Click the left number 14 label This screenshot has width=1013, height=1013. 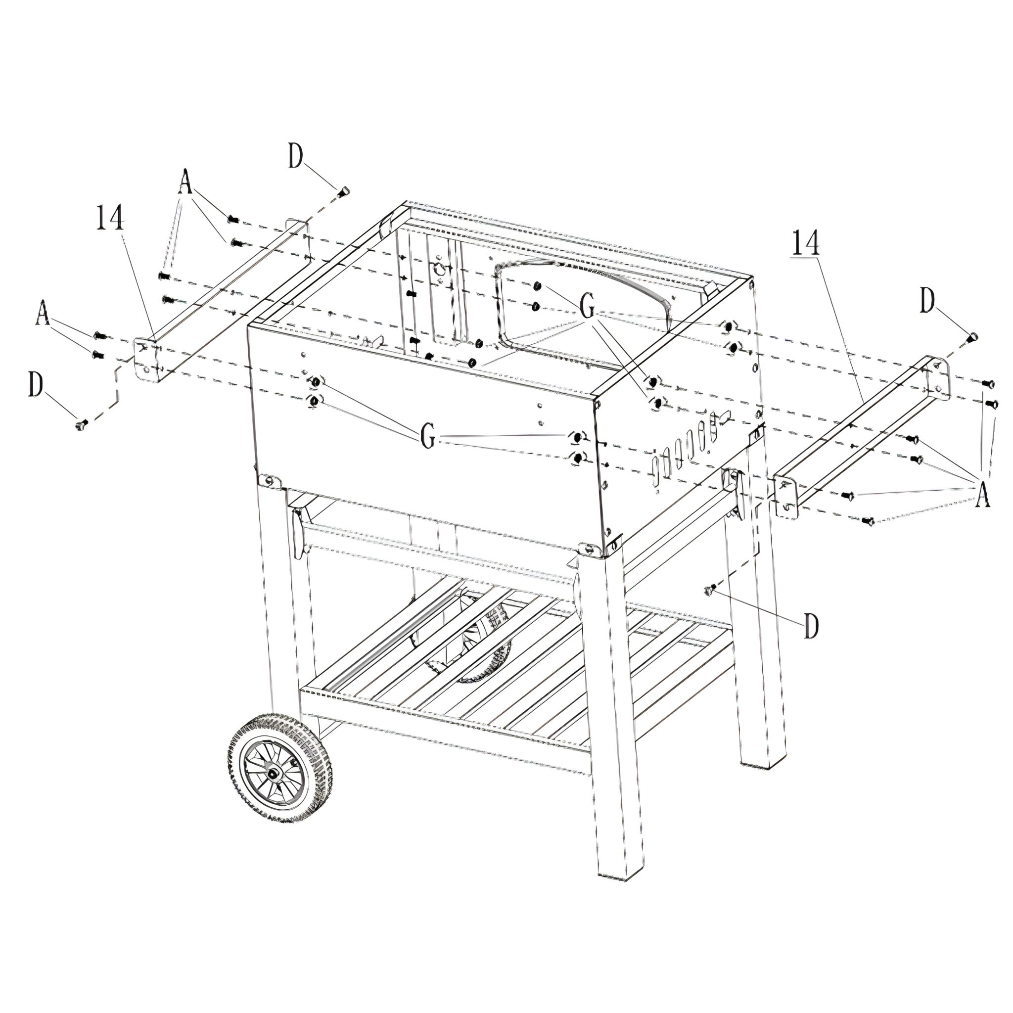pos(110,218)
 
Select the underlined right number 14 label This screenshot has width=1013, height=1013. pos(805,243)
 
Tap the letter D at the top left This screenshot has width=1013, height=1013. pos(296,157)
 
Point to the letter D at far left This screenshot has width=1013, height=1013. pos(36,386)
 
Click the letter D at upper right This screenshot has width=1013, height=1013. pos(927,303)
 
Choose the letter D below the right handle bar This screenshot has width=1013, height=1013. pos(811,627)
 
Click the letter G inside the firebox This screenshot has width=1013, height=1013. pos(587,306)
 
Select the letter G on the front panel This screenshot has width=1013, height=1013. pos(428,436)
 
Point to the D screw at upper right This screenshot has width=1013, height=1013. pos(971,336)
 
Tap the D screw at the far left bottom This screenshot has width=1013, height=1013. pos(80,424)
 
